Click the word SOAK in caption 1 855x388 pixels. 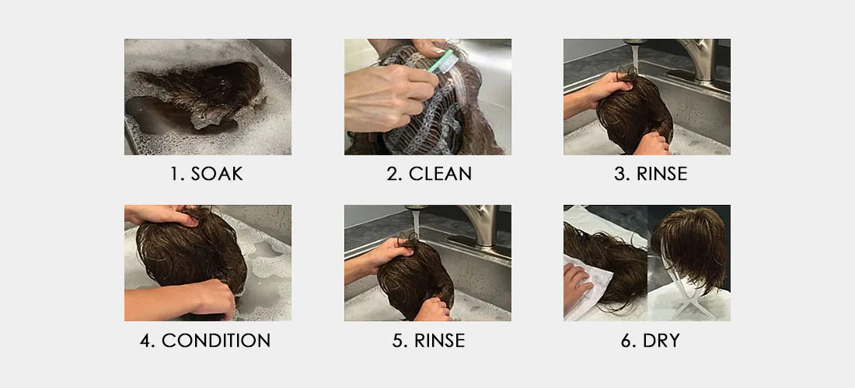pos(217,174)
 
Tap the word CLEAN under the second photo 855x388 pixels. pos(440,174)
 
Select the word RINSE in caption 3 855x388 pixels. pos(662,174)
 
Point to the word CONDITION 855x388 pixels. pos(216,341)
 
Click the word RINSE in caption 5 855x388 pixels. pos(439,341)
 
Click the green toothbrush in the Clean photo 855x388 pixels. pos(441,61)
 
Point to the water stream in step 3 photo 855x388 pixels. pos(634,57)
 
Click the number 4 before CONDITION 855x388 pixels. pos(147,341)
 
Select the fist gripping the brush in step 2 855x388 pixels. pos(390,98)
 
